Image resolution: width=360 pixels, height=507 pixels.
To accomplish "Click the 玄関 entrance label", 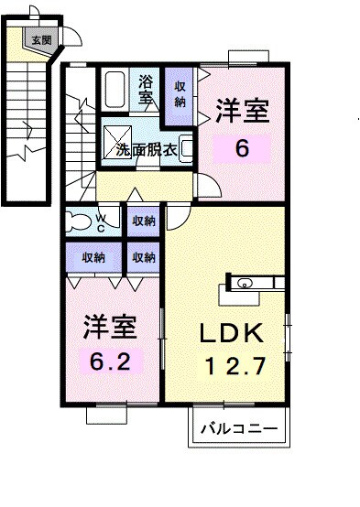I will click(40, 39).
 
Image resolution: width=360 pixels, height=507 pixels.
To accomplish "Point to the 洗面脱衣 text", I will click(146, 150).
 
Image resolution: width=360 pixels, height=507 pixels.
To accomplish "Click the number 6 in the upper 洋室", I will click(242, 146).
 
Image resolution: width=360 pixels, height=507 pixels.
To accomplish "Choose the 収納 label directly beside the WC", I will click(142, 221).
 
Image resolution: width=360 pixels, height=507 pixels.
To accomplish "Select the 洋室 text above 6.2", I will click(111, 326).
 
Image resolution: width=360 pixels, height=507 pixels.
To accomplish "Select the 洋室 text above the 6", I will click(242, 112).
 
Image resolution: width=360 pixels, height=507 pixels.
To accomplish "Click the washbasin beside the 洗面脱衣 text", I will click(186, 147).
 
